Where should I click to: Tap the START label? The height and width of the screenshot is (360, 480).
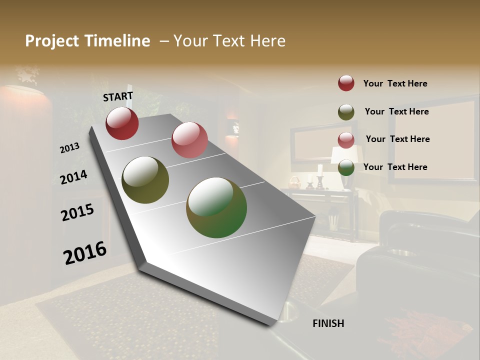pyautogui.click(x=118, y=96)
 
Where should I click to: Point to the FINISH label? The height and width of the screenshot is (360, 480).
pyautogui.click(x=328, y=323)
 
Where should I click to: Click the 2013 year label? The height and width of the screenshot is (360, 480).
pyautogui.click(x=70, y=148)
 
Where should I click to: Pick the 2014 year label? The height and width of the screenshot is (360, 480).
pyautogui.click(x=74, y=177)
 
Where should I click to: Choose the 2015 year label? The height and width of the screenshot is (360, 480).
pyautogui.click(x=77, y=212)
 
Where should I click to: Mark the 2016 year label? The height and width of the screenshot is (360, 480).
pyautogui.click(x=85, y=252)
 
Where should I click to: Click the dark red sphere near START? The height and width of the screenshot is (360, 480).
pyautogui.click(x=122, y=123)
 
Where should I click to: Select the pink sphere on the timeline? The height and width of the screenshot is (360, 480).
pyautogui.click(x=189, y=140)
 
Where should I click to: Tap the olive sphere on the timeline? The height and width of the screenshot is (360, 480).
pyautogui.click(x=145, y=180)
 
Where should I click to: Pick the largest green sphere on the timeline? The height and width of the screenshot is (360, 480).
pyautogui.click(x=216, y=207)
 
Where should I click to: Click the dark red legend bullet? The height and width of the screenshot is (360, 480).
pyautogui.click(x=346, y=83)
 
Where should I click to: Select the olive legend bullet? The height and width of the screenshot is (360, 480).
pyautogui.click(x=346, y=112)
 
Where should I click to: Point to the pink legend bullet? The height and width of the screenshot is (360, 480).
pyautogui.click(x=346, y=140)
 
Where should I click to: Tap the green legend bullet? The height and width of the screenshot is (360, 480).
pyautogui.click(x=346, y=167)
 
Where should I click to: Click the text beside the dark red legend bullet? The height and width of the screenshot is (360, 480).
pyautogui.click(x=395, y=83)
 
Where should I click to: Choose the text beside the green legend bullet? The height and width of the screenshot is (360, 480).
pyautogui.click(x=395, y=167)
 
